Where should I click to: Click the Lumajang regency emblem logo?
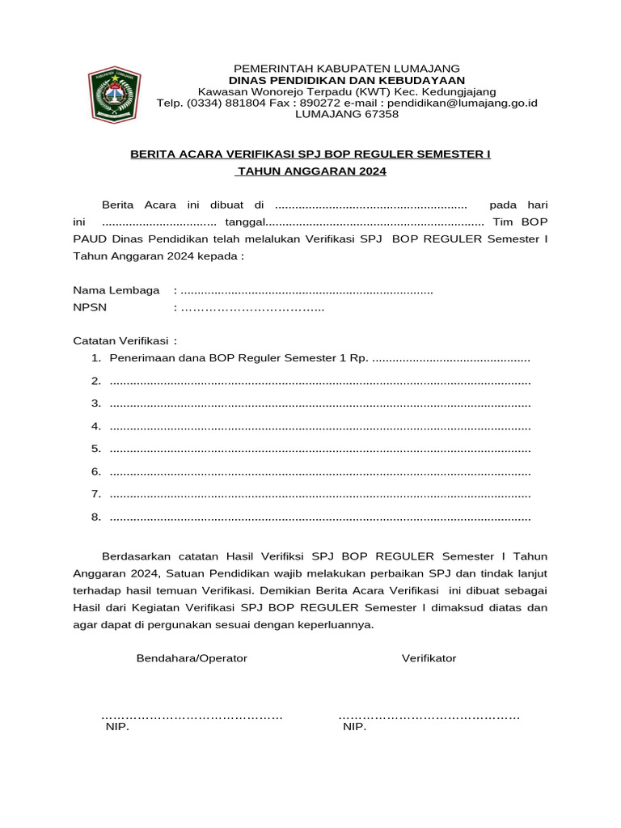pyautogui.click(x=114, y=95)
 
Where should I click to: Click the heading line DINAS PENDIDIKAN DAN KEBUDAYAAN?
pyautogui.click(x=346, y=80)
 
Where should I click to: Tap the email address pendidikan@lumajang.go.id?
pyautogui.click(x=463, y=103)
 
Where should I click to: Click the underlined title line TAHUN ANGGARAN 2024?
pyautogui.click(x=311, y=171)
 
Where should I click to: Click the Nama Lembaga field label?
pyautogui.click(x=116, y=290)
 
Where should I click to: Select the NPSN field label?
pyautogui.click(x=90, y=307)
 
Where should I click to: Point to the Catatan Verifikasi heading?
pyautogui.click(x=125, y=341)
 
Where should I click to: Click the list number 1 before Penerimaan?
pyautogui.click(x=95, y=358)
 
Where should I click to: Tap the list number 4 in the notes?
pyautogui.click(x=95, y=426)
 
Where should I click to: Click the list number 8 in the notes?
pyautogui.click(x=95, y=517)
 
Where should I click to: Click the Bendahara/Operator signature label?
pyautogui.click(x=192, y=658)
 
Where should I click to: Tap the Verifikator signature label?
pyautogui.click(x=429, y=658)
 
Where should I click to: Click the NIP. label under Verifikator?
pyautogui.click(x=354, y=727)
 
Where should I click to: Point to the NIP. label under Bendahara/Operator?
pyautogui.click(x=117, y=727)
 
